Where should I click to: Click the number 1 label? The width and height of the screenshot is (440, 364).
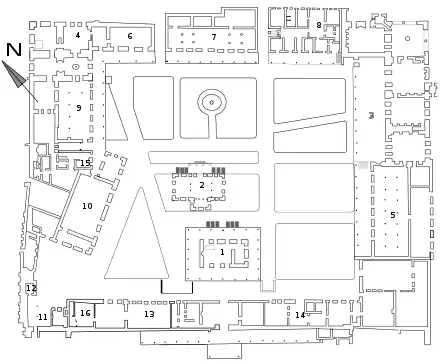pos(222,253)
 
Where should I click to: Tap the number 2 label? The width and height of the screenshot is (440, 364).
pos(202,185)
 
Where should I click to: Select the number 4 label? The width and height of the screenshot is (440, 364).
pos(78,35)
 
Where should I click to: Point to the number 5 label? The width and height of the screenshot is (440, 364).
pos(393,215)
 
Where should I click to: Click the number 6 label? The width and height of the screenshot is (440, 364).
pos(130,36)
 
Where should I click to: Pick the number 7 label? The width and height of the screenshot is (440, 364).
pos(214,37)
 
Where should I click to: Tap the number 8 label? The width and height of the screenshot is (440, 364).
pos(319,25)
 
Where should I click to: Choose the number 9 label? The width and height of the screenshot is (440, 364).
pos(79,108)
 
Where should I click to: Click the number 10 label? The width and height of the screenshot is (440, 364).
pos(87,206)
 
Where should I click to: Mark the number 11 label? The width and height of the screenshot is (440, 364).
pos(43,317)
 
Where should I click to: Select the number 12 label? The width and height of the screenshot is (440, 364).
pos(31,288)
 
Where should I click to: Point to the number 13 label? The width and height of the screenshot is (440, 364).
pos(149,314)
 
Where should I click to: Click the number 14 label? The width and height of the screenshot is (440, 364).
pos(300,315)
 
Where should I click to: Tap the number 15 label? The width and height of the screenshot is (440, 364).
pos(85,163)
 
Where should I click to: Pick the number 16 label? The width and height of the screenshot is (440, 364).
pos(85,313)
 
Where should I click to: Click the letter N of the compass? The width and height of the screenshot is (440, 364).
pos(14,50)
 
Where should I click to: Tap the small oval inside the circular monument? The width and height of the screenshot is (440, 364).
pos(212,103)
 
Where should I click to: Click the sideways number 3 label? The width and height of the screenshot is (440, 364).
pos(371,115)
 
